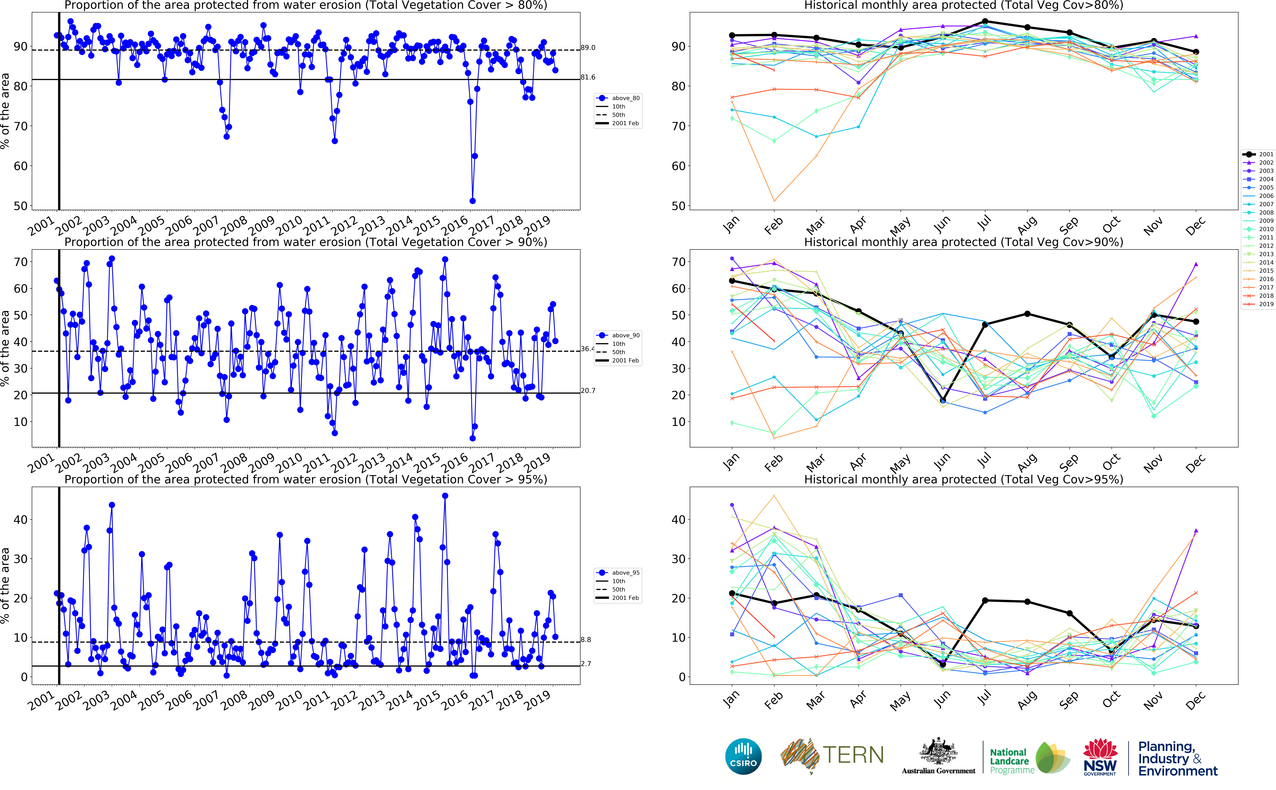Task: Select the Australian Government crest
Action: coord(938,751)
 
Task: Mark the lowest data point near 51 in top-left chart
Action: coord(473,201)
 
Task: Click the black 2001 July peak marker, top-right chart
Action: coord(985,21)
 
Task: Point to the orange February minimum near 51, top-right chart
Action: coord(774,201)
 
